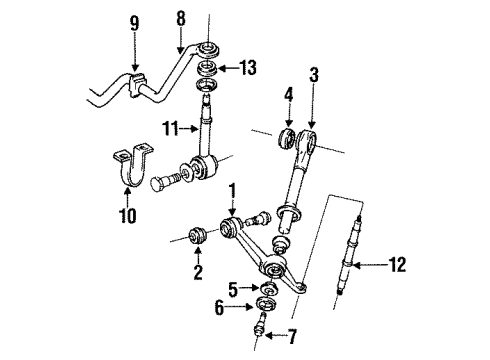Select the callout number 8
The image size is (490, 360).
point(181,17)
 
